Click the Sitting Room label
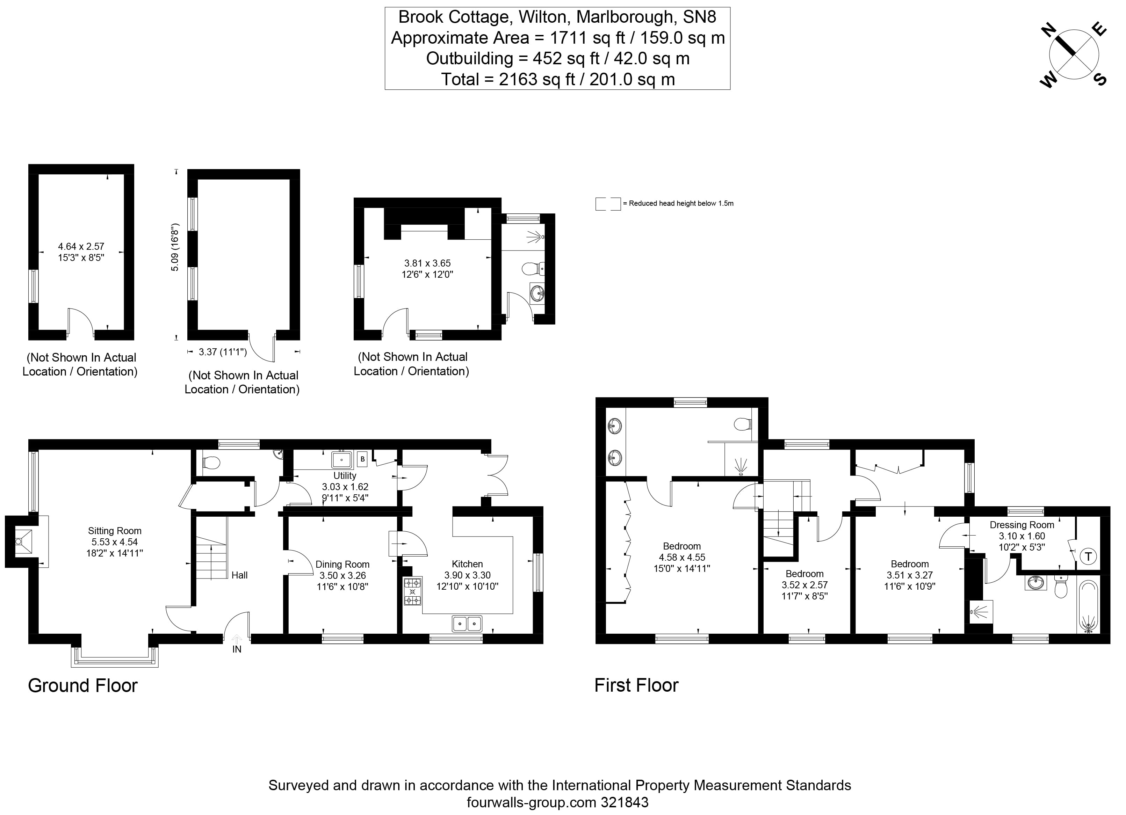tap(114, 531)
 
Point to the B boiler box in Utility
tap(362, 459)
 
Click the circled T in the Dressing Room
tap(1088, 556)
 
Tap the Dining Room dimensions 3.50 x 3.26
tap(342, 576)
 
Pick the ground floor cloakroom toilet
tap(211, 463)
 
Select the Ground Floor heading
tap(82, 685)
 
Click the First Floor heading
tap(636, 685)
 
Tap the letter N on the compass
tap(1046, 31)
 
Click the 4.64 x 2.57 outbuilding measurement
tap(81, 246)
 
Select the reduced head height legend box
tap(608, 204)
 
